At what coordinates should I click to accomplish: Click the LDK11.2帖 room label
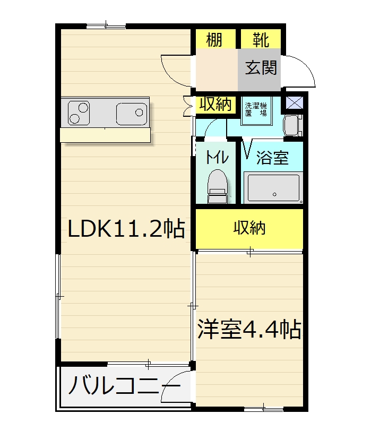[126, 228]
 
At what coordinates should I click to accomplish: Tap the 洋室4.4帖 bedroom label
[249, 329]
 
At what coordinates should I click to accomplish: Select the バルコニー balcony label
[125, 385]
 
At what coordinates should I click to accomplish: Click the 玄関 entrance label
[261, 67]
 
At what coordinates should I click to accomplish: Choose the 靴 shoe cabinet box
[261, 39]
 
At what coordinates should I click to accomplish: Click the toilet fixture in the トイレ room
[218, 186]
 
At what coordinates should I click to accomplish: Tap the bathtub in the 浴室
[273, 188]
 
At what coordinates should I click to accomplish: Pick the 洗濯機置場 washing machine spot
[256, 110]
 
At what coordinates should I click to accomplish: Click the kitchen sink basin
[132, 114]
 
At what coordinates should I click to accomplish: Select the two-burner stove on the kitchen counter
[79, 113]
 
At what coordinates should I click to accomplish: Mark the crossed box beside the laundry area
[295, 102]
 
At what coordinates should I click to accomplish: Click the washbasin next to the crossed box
[292, 125]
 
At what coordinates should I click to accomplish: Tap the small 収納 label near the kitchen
[215, 105]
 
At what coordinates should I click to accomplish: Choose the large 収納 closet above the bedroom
[249, 229]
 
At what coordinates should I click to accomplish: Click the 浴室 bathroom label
[272, 158]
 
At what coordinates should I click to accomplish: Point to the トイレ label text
[217, 157]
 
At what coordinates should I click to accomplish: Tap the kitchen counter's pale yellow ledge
[105, 135]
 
